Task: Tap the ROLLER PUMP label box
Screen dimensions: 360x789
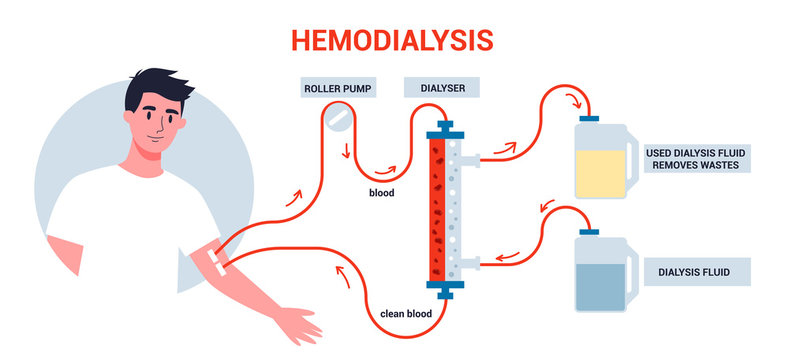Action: point(337,88)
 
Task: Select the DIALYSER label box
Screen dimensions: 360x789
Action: point(439,88)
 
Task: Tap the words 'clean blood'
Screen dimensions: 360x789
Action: point(405,312)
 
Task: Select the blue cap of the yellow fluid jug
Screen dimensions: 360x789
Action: point(591,119)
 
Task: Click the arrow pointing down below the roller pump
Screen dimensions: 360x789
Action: point(347,155)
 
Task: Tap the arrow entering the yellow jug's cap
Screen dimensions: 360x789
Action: point(577,100)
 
